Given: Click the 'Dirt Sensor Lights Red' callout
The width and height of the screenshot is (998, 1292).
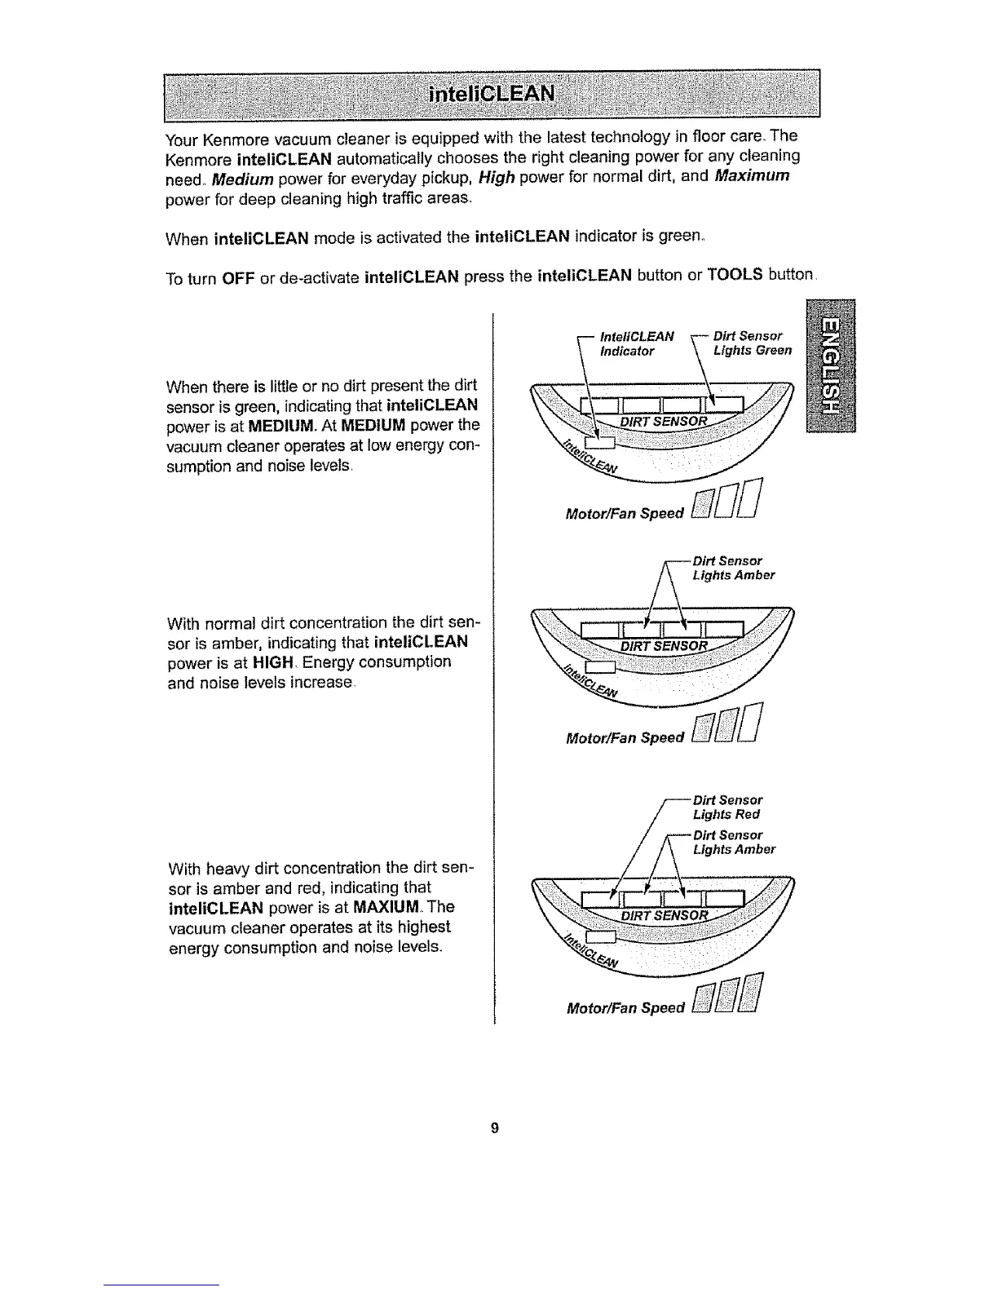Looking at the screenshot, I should point(727,807).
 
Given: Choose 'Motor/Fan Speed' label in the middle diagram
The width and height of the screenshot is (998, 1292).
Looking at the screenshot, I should point(625,738).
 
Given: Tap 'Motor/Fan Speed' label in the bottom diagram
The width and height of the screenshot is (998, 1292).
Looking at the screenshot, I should point(625,1008).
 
